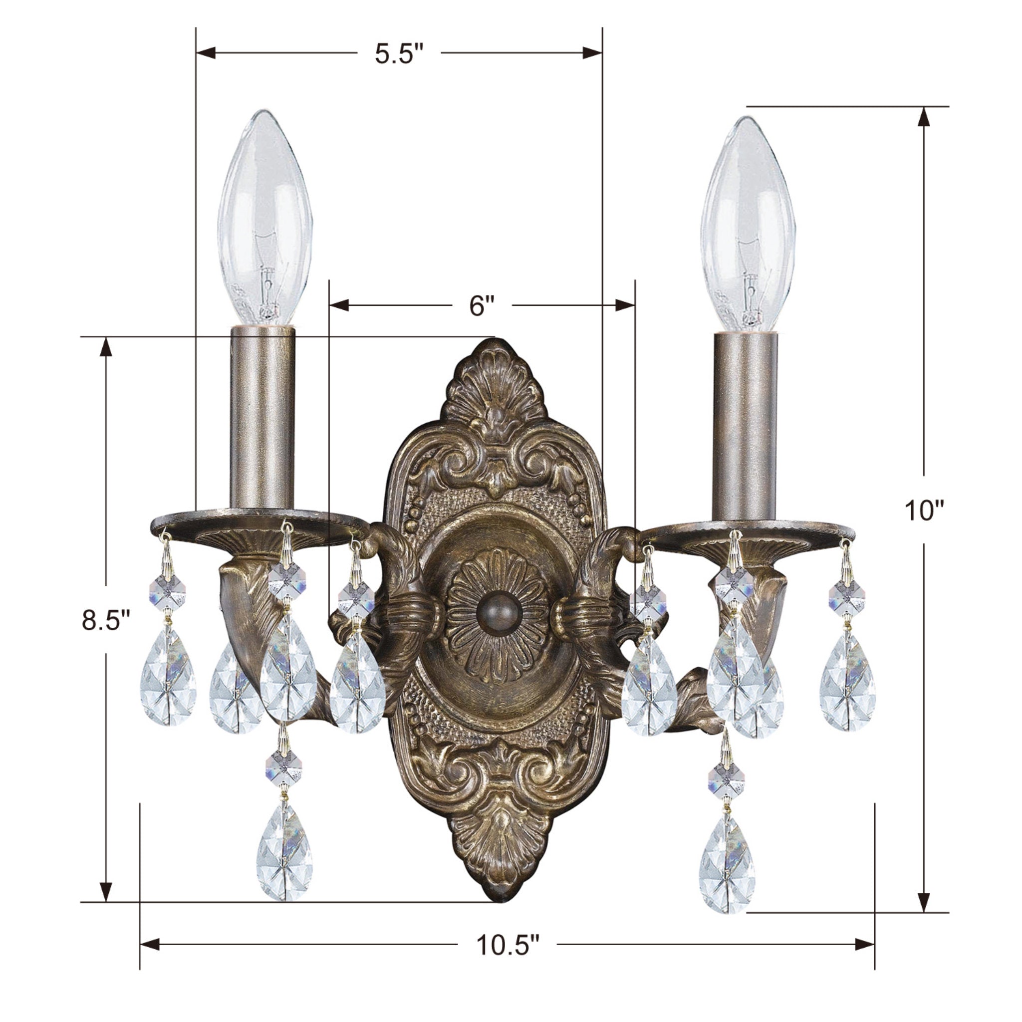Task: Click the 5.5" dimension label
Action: [x=399, y=53]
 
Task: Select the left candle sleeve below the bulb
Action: [x=262, y=418]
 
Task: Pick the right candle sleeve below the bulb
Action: [x=745, y=426]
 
